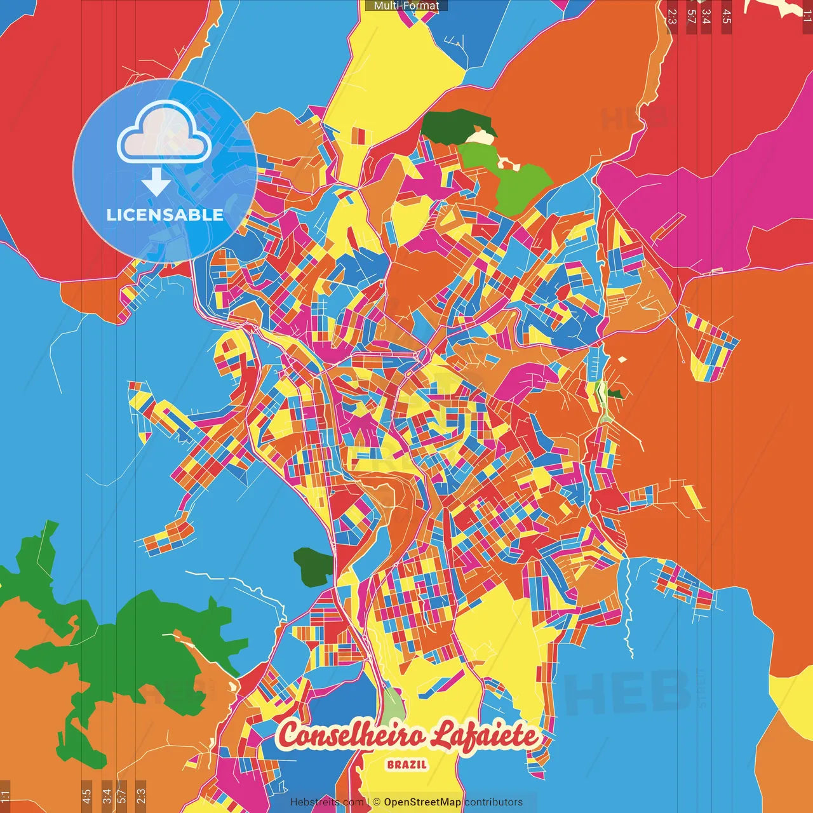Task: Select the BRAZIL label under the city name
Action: [x=406, y=764]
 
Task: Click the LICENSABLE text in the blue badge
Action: [x=165, y=215]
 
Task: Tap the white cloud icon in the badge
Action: [x=165, y=132]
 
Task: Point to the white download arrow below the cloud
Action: [x=156, y=184]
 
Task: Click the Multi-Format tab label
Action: [x=406, y=6]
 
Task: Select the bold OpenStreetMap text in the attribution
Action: [x=422, y=802]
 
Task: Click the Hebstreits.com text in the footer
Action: [x=326, y=802]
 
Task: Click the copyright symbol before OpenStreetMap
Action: [x=376, y=802]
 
